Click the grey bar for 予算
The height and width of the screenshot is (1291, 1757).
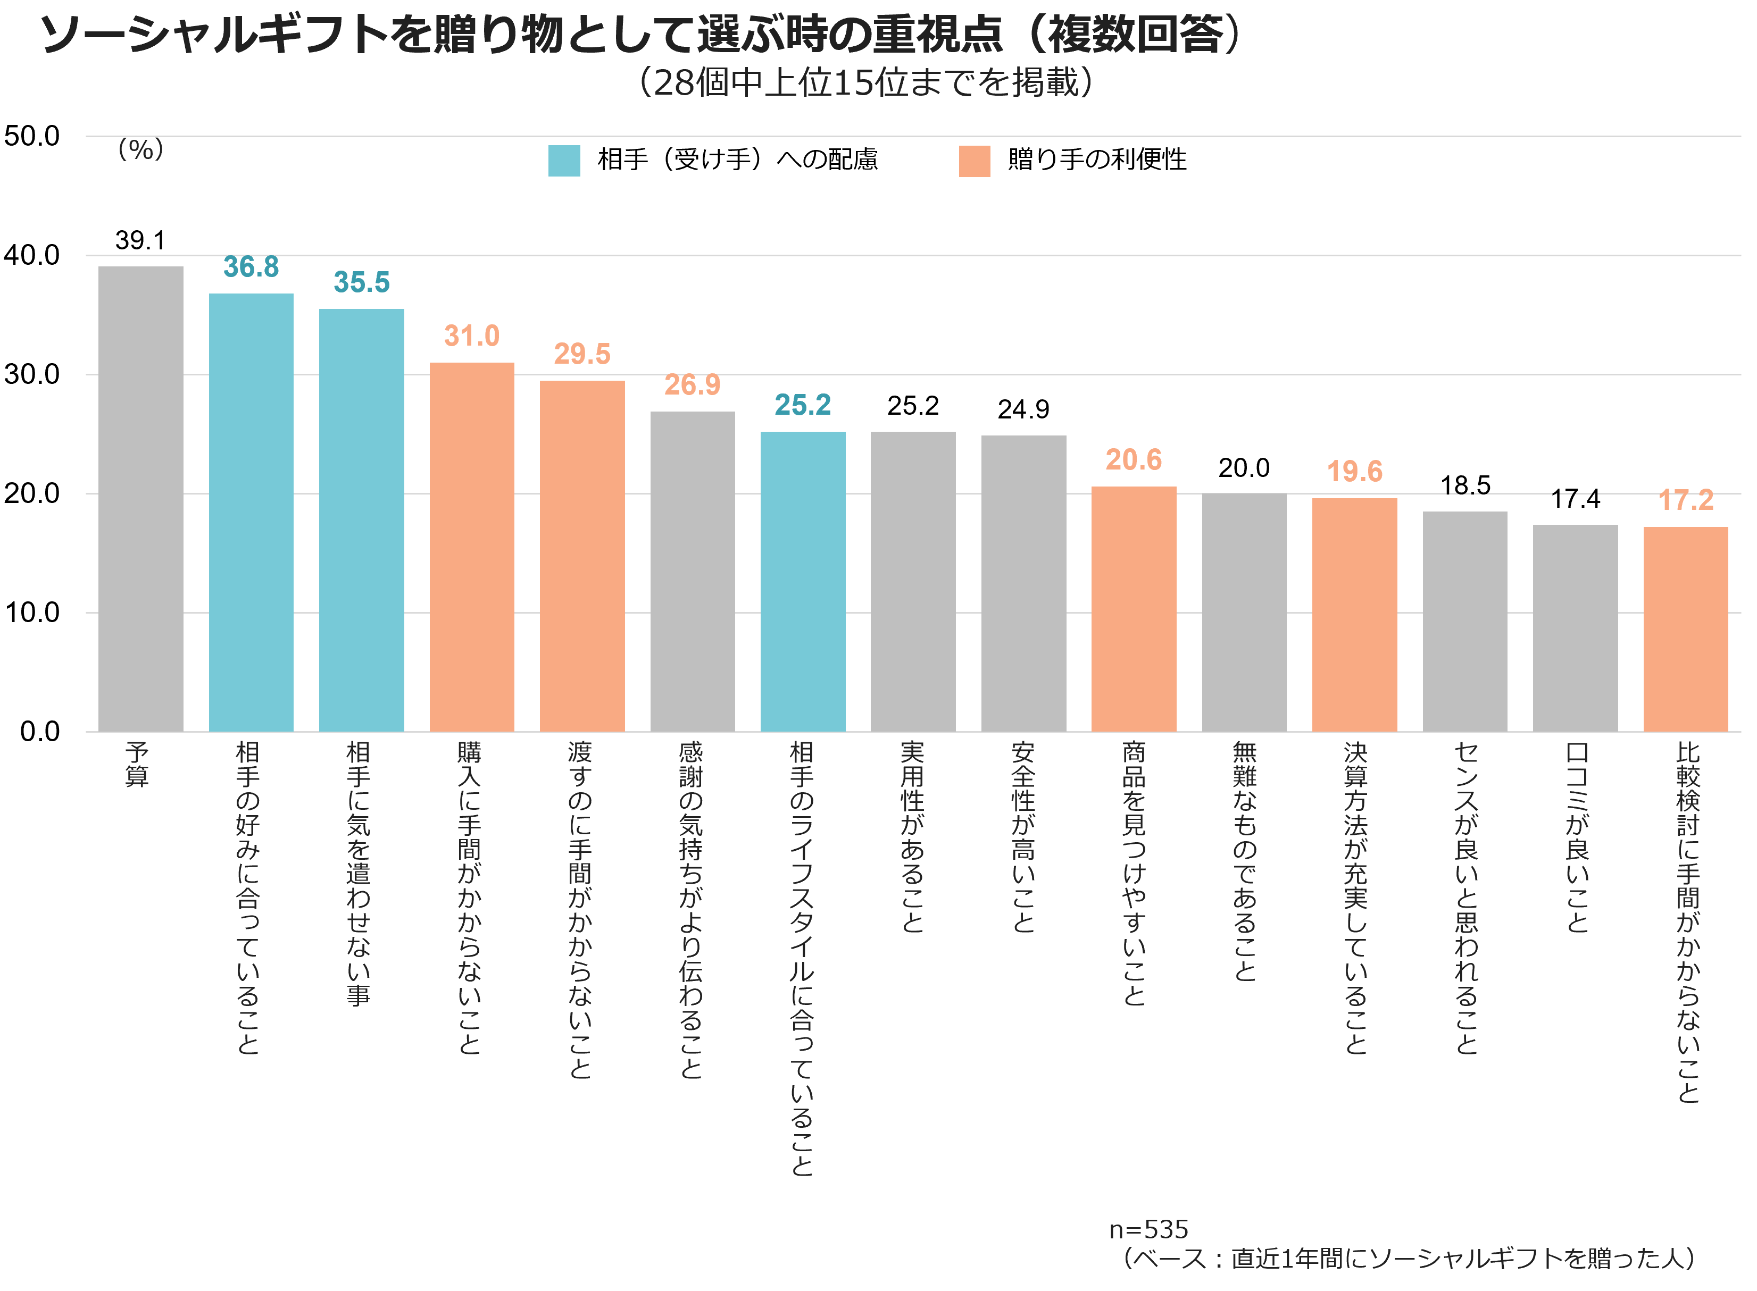(140, 499)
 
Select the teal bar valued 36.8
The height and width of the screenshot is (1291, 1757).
(251, 513)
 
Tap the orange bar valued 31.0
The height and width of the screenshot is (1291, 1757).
(471, 547)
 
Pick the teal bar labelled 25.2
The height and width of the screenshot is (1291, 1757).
(803, 581)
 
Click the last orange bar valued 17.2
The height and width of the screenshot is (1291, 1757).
(1685, 629)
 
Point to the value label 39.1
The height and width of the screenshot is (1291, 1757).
(140, 241)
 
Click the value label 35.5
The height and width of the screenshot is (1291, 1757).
(361, 282)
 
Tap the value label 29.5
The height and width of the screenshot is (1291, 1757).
(582, 354)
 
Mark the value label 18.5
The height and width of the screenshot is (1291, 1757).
(1465, 486)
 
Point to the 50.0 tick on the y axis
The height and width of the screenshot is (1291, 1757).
(32, 136)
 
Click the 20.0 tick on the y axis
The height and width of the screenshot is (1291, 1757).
(32, 493)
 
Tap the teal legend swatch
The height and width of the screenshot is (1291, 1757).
(564, 161)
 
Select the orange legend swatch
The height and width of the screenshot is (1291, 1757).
(975, 161)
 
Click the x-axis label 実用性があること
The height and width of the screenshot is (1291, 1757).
(912, 837)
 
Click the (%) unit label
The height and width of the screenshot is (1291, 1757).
(140, 149)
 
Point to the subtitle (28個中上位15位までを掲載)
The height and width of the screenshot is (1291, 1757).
(866, 82)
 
